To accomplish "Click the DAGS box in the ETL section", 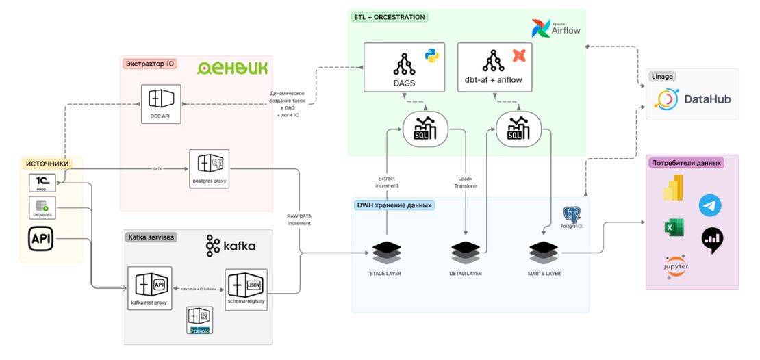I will tap(404, 67).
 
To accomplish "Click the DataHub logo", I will tap(693, 99).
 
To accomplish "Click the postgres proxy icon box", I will tap(209, 168).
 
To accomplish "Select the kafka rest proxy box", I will tap(149, 287).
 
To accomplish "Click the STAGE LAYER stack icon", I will tap(386, 253).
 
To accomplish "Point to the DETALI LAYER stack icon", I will tap(466, 253).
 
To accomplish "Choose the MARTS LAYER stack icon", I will tap(544, 253).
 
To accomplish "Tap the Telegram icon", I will tap(709, 205).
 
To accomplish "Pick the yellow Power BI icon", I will tap(674, 188).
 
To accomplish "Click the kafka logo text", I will tap(230, 246).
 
